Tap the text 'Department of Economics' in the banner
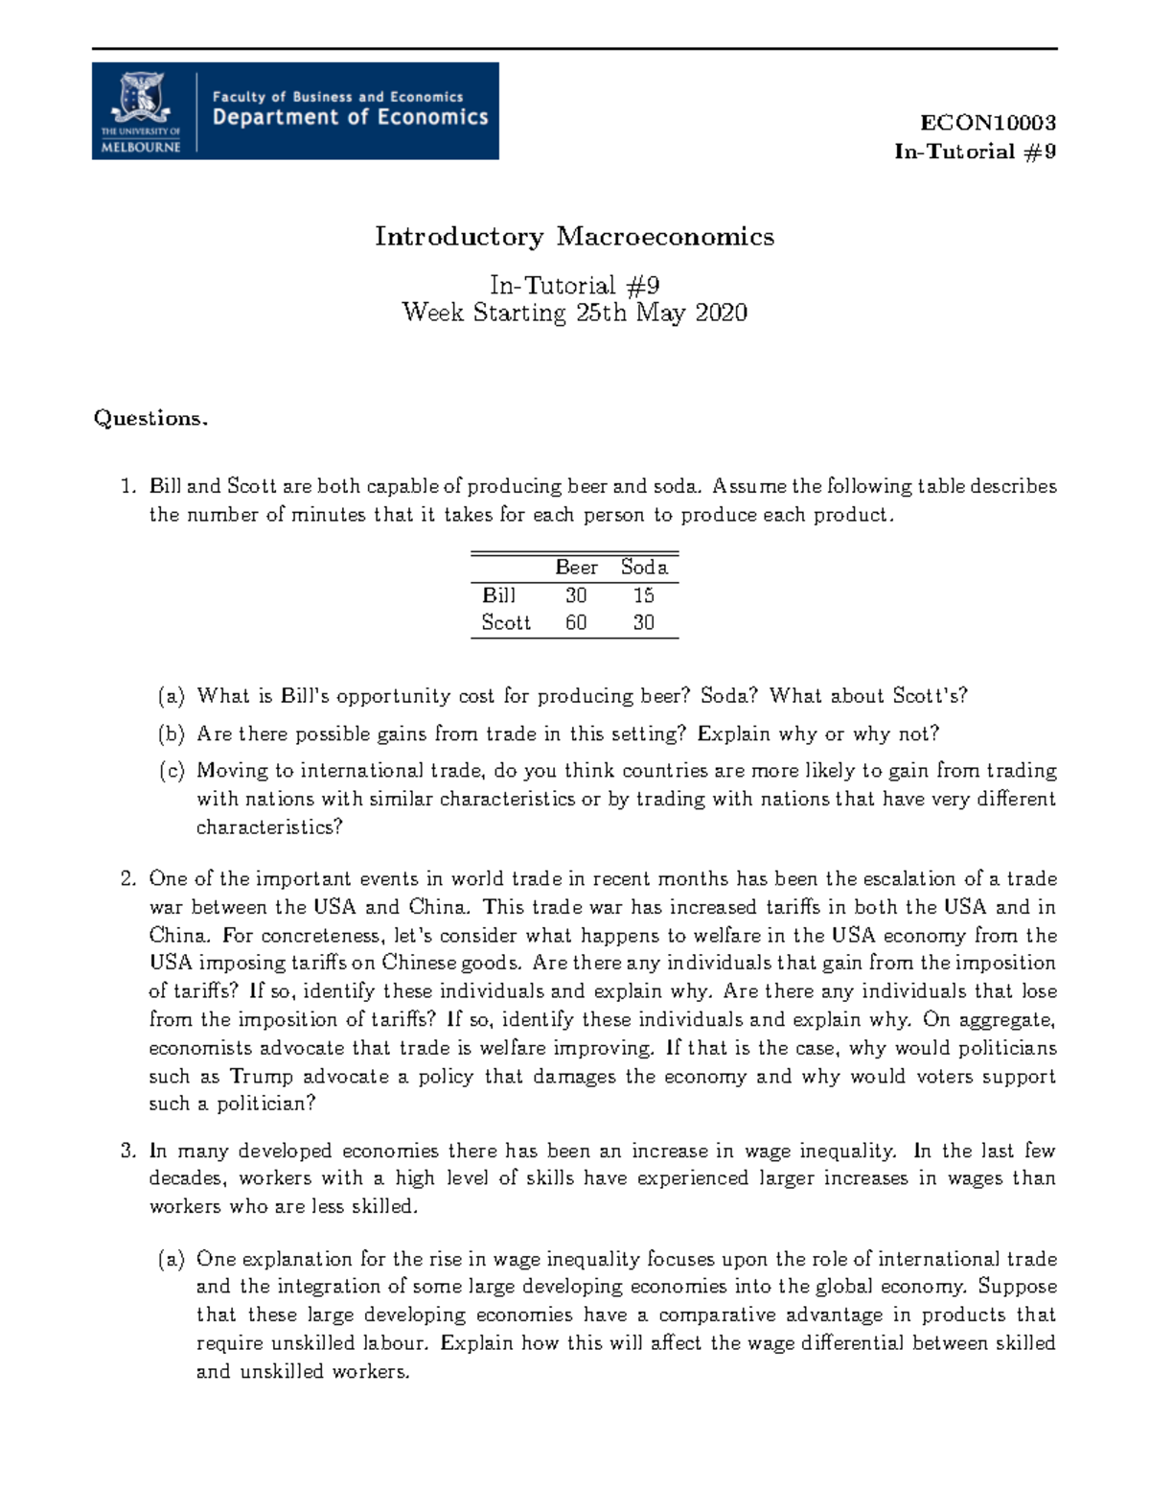point(350,118)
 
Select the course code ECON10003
point(987,123)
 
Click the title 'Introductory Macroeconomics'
point(574,237)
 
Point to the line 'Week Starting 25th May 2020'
point(574,313)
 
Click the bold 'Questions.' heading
point(150,418)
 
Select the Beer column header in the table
point(576,568)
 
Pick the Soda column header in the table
point(644,568)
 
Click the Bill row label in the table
point(498,595)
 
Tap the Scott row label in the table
point(505,623)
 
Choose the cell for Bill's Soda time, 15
point(643,595)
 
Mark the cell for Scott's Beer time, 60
point(576,623)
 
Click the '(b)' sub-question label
point(172,734)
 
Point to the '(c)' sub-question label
point(172,771)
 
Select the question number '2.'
point(128,879)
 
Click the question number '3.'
point(128,1151)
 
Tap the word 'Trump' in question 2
point(261,1077)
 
